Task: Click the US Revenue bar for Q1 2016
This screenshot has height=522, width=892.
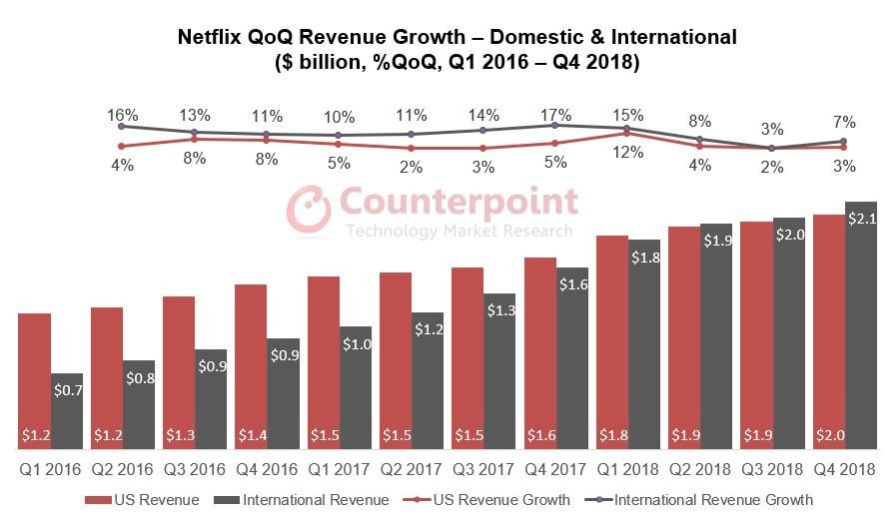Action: coord(35,379)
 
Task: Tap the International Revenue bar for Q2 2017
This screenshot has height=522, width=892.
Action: coord(427,379)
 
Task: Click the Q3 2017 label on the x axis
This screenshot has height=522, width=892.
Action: coord(483,468)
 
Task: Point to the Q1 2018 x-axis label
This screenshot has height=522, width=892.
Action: coord(628,468)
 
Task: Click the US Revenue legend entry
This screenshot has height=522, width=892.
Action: coord(151,499)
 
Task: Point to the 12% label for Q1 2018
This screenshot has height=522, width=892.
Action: coord(627,152)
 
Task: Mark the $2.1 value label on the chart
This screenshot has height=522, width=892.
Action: coord(861,219)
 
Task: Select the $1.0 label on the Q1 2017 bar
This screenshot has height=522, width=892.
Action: coord(356,344)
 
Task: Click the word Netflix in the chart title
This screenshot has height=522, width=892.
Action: coord(212,38)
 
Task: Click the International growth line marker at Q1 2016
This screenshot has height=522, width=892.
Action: coord(122,127)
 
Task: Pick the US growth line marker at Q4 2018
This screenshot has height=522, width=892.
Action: coord(844,148)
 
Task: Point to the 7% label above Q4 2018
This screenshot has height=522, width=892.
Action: coord(844,121)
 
